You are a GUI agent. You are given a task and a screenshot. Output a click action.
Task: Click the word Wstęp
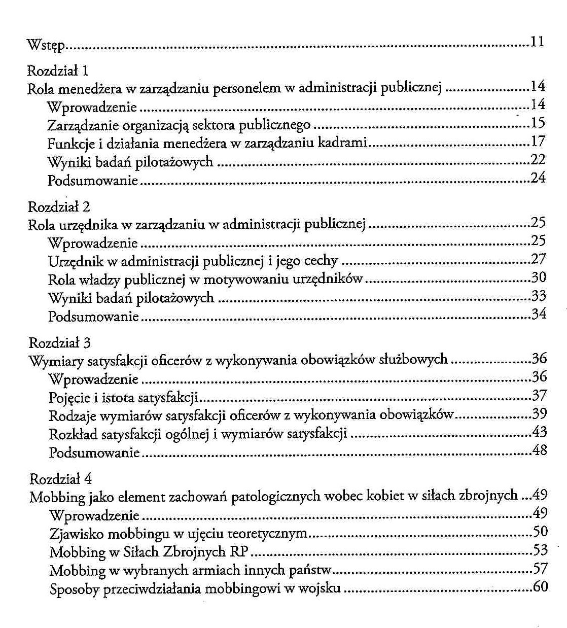46,46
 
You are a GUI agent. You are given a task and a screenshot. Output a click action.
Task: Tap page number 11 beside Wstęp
538,42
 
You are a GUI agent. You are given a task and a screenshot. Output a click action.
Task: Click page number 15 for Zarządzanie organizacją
538,123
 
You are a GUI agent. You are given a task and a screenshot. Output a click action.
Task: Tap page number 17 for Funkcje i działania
538,141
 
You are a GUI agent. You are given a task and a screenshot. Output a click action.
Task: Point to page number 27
539,259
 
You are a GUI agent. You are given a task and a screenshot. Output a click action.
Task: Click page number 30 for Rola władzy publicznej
539,277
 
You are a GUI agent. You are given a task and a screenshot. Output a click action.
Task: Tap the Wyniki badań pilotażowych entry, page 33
131,298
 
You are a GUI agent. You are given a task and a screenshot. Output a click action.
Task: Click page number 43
540,432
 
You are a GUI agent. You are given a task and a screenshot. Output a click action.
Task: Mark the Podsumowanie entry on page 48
94,452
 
